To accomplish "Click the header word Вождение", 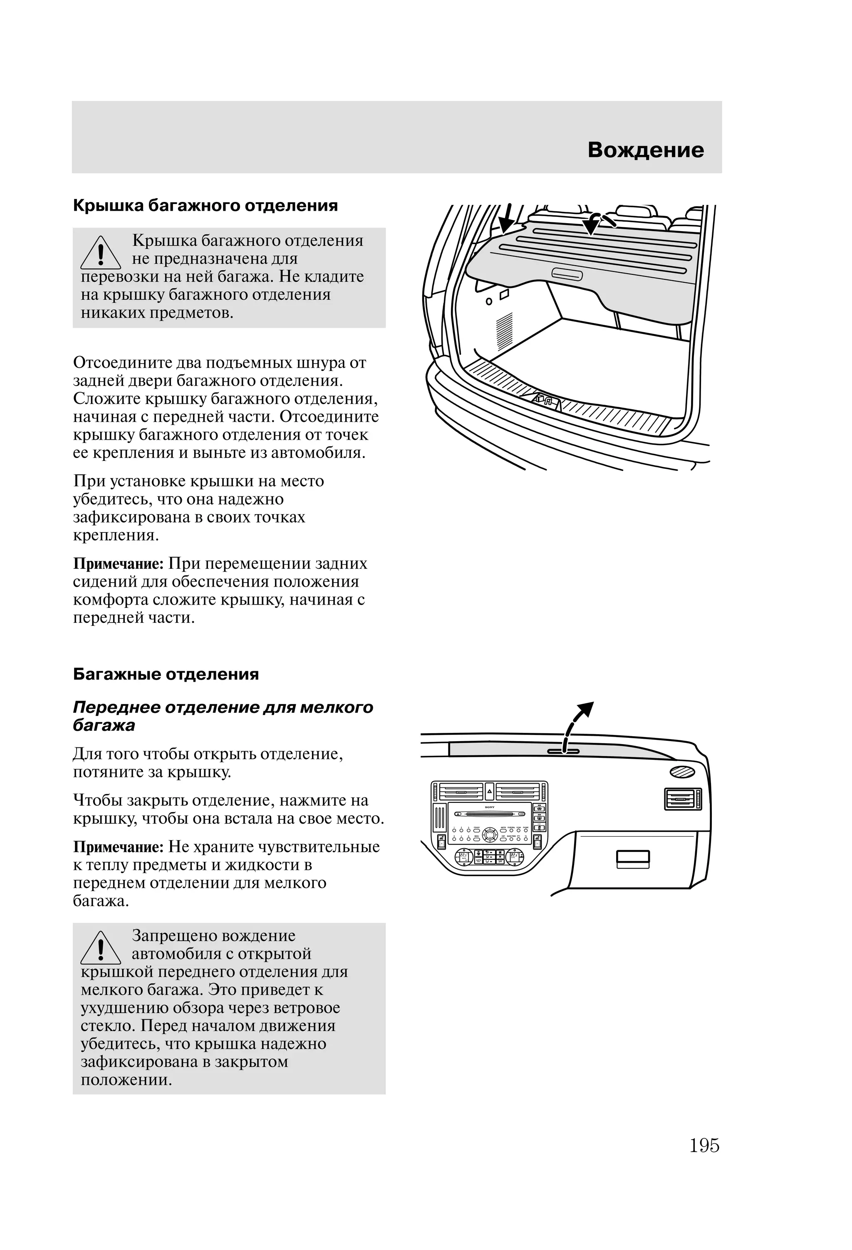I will [645, 150].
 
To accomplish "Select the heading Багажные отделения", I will [166, 674].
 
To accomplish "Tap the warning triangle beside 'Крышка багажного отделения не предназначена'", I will [101, 254].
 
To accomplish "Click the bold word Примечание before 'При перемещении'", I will [118, 564].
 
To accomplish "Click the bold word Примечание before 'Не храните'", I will [118, 847].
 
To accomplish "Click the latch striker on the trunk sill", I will [544, 400].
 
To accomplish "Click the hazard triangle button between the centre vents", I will [489, 792].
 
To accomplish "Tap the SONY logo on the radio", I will [489, 808].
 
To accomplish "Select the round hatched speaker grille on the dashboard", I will [682, 772].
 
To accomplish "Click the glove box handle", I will [633, 859].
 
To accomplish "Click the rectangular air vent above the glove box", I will [683, 799].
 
